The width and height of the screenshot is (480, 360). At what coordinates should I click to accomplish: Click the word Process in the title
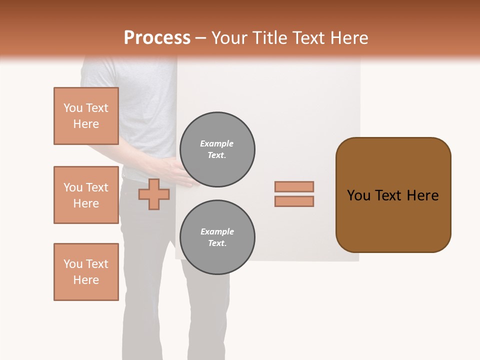pyautogui.click(x=157, y=38)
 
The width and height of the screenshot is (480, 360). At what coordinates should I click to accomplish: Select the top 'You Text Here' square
pyautogui.click(x=86, y=116)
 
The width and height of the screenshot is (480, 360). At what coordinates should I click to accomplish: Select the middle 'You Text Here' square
pyautogui.click(x=86, y=195)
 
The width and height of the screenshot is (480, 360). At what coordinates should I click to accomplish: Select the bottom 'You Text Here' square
pyautogui.click(x=86, y=272)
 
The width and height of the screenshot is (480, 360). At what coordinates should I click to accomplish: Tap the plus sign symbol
pyautogui.click(x=153, y=194)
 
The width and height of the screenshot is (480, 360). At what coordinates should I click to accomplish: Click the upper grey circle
pyautogui.click(x=217, y=149)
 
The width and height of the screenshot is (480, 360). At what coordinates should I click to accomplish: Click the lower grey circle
pyautogui.click(x=217, y=237)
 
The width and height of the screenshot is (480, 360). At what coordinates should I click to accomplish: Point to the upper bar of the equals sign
pyautogui.click(x=294, y=186)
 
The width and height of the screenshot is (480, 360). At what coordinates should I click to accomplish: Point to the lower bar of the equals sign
pyautogui.click(x=294, y=201)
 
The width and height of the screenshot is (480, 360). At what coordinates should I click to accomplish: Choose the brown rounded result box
pyautogui.click(x=393, y=195)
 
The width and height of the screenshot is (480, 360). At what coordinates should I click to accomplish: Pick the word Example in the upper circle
pyautogui.click(x=217, y=143)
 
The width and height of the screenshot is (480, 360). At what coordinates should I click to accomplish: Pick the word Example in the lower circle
pyautogui.click(x=217, y=231)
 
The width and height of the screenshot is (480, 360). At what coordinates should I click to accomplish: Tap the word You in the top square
pyautogui.click(x=72, y=108)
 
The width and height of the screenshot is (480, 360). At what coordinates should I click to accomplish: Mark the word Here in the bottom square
pyautogui.click(x=86, y=280)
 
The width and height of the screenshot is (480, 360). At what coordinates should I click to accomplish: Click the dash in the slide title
pyautogui.click(x=201, y=38)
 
